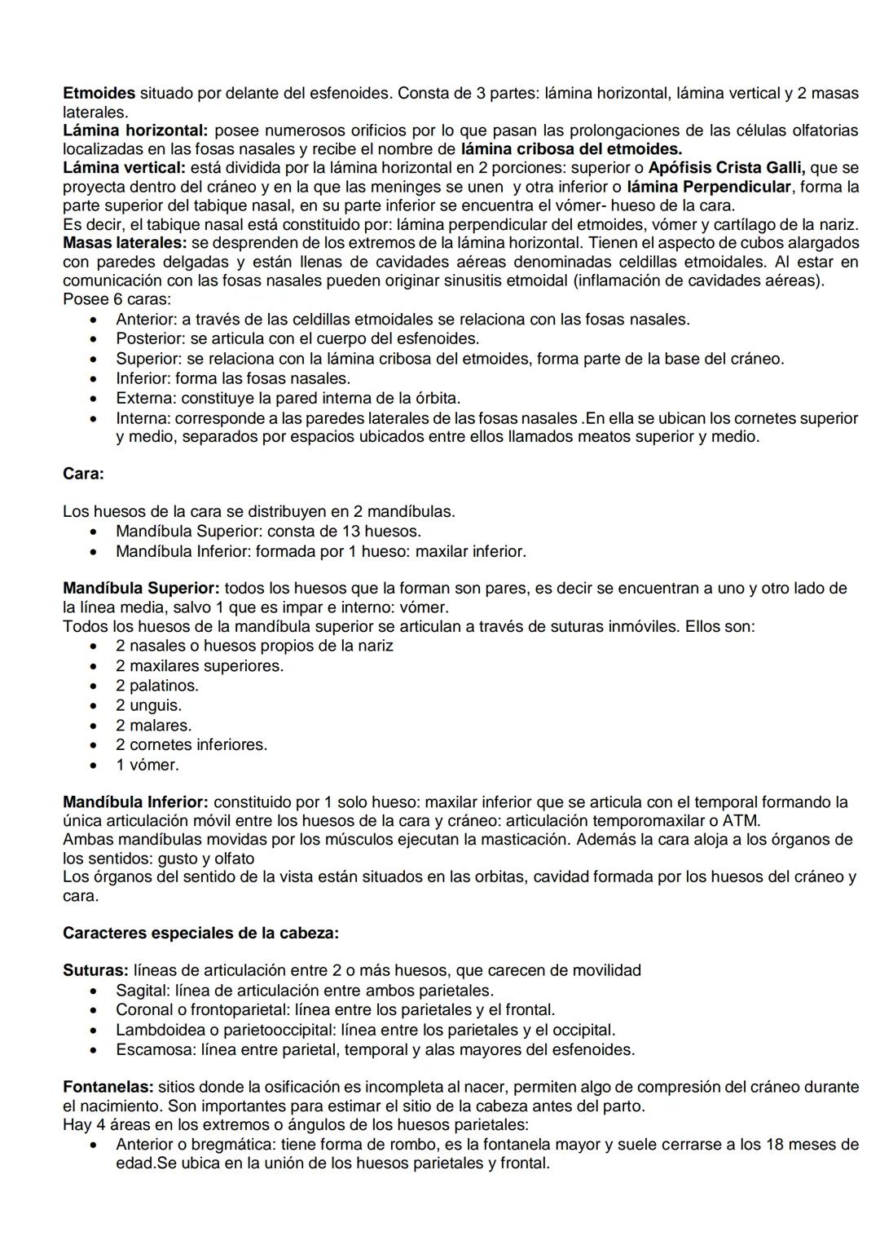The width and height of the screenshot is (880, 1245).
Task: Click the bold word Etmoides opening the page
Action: pyautogui.click(x=99, y=93)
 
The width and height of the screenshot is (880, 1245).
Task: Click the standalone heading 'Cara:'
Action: pyautogui.click(x=83, y=474)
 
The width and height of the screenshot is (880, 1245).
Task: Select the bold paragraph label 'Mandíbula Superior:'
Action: pyautogui.click(x=141, y=588)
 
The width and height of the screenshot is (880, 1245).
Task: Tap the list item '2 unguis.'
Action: pyautogui.click(x=148, y=705)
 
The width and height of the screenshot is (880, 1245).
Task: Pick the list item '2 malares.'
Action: pyautogui.click(x=153, y=725)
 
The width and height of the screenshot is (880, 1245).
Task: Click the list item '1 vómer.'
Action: pyautogui.click(x=147, y=765)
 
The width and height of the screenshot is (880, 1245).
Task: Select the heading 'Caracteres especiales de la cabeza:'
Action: pyautogui.click(x=200, y=933)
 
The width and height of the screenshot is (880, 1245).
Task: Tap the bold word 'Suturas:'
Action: pyautogui.click(x=95, y=970)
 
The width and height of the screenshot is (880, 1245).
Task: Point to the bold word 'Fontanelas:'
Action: pyautogui.click(x=108, y=1087)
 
